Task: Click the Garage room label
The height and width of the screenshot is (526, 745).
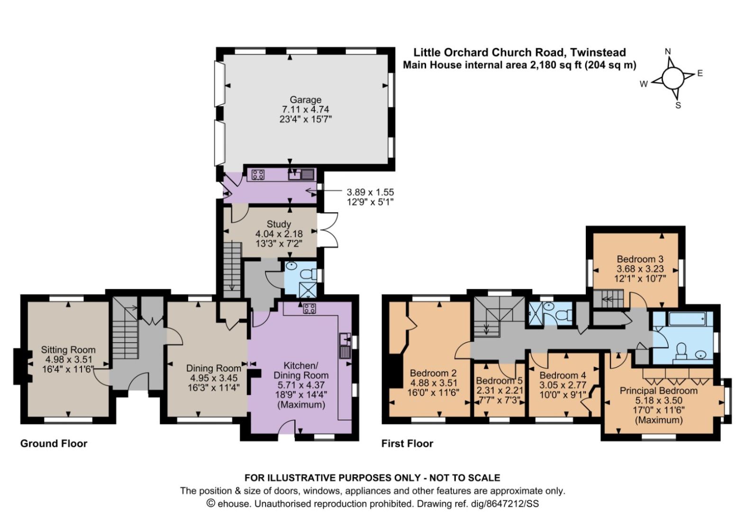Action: [305, 100]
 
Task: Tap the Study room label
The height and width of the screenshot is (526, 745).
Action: [279, 224]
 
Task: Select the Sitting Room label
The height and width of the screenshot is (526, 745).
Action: [68, 350]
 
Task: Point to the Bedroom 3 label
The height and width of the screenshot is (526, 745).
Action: [640, 259]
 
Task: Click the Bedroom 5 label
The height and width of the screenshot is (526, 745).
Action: [499, 381]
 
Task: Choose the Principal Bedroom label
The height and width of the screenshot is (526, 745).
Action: [659, 390]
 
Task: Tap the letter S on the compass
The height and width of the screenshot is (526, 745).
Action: [678, 105]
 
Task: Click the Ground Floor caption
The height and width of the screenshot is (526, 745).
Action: [54, 444]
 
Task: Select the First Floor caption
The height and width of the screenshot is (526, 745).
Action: [407, 444]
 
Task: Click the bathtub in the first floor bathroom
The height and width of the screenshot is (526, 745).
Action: [687, 320]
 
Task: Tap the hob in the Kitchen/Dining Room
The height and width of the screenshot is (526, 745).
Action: [309, 308]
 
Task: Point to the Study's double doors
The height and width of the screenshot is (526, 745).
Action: [327, 230]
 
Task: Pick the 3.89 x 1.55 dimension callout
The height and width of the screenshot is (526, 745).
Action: [370, 192]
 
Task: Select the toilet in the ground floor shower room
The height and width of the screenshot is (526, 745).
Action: [308, 275]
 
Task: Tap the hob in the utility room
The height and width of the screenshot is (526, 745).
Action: [258, 175]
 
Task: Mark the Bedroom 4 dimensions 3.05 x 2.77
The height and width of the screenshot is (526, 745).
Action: [563, 386]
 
